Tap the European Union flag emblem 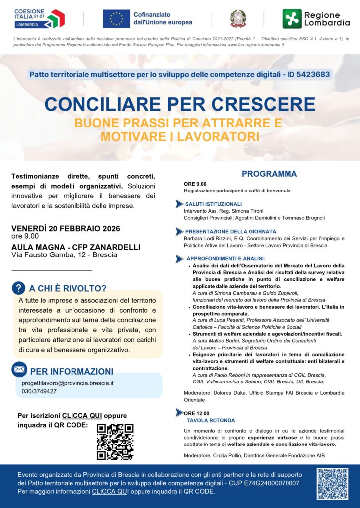coord(116,18)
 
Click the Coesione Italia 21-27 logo coord(39,18)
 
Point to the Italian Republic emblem coord(238,19)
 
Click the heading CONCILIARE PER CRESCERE coord(180,104)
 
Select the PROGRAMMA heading coord(269,174)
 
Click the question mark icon coord(18,288)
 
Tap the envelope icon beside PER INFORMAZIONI coord(19,370)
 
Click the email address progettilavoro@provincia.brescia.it coord(68,383)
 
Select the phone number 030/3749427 coord(39,391)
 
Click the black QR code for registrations coord(115,441)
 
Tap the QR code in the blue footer coord(332,484)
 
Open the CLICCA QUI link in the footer coord(110,491)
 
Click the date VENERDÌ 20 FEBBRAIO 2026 coord(66,229)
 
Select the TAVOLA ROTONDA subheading coord(204,420)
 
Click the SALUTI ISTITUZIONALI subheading coord(214,204)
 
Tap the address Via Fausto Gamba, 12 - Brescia coord(65,255)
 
